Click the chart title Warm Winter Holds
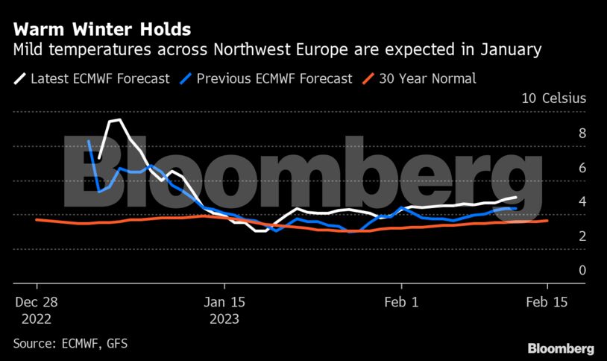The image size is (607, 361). tap(101, 30)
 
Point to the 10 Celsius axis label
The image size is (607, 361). tap(554, 98)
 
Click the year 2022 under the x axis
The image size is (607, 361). tap(37, 318)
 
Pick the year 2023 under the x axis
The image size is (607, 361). tap(224, 318)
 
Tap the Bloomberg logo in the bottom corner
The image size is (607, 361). tap(561, 348)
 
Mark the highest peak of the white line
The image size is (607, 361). tap(119, 119)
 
